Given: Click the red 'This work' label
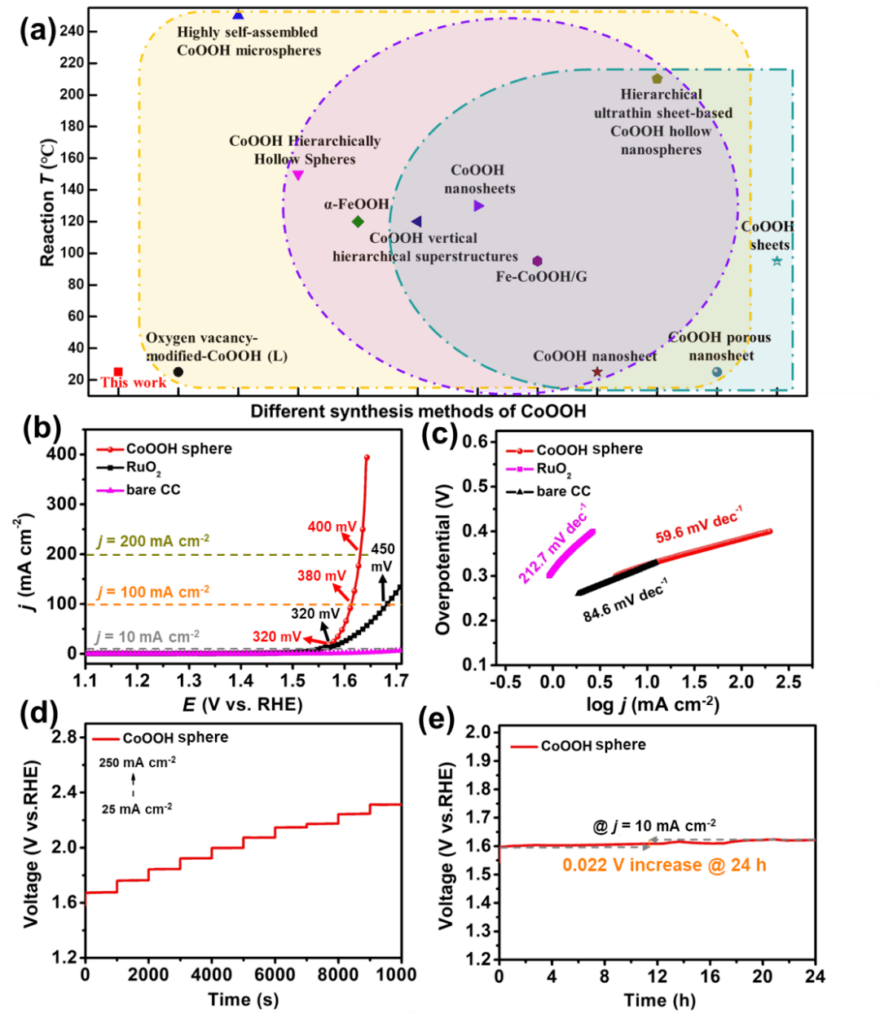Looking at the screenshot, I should point(133,382).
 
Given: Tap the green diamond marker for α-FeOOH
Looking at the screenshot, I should point(358,222).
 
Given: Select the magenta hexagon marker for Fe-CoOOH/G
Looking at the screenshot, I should point(537,261).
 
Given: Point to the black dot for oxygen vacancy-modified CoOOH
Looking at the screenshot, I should point(178,372).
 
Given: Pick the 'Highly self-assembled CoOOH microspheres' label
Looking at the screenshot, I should point(249,42).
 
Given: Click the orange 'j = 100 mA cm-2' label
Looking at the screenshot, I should point(153,592).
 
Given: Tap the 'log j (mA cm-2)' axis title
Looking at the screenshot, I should point(653,703).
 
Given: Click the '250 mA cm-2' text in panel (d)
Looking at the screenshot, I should point(138,763).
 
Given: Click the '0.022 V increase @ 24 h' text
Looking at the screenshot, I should point(664,866).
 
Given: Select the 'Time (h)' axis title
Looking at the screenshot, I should point(659,1000).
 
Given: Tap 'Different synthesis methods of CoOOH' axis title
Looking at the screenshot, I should point(418,411).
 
